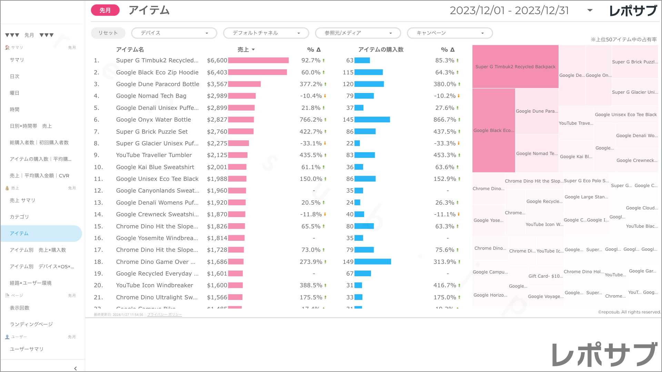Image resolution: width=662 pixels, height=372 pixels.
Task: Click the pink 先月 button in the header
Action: [105, 10]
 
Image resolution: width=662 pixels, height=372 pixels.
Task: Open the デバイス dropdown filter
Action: [174, 33]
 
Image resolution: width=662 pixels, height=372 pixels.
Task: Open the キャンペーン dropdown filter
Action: [450, 33]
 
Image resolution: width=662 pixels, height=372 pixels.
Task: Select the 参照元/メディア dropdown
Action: [358, 33]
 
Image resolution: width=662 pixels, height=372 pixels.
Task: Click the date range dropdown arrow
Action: [590, 10]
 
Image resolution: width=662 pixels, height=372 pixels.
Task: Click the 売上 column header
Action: [245, 50]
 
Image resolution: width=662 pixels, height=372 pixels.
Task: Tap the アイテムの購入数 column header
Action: [381, 50]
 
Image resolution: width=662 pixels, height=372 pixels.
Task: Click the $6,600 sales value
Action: [217, 61]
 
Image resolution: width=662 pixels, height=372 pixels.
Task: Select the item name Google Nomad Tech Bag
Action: [151, 96]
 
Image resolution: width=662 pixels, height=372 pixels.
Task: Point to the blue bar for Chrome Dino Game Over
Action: [372, 262]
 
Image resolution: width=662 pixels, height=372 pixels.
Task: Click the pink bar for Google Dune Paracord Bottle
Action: [244, 84]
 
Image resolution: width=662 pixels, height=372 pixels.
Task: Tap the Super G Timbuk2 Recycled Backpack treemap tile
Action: [515, 66]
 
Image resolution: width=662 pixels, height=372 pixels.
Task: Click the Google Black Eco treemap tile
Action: [493, 131]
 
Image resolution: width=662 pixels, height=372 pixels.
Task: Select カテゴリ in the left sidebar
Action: [19, 217]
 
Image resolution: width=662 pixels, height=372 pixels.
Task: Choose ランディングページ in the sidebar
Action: [31, 324]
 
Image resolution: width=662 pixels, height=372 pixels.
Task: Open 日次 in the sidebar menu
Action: [14, 76]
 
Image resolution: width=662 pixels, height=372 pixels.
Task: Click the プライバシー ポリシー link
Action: [164, 315]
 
